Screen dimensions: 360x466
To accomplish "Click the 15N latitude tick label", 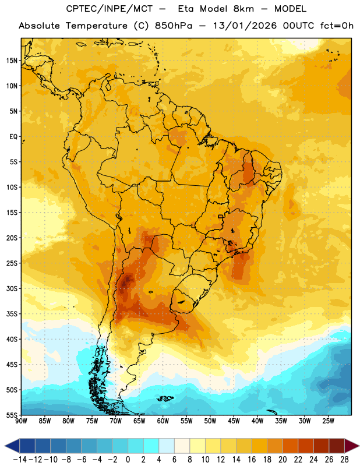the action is coord(12,61).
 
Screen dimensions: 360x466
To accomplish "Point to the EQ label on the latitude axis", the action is coord(13,137).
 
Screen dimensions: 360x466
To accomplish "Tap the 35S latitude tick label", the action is coord(12,314).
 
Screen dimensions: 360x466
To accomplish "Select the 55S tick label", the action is coord(12,415).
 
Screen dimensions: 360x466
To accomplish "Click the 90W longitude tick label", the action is coord(21,421).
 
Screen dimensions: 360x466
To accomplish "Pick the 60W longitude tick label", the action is coord(163,421).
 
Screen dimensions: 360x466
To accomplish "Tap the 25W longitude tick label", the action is coord(328,421).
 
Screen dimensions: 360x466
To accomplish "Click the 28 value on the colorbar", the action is coord(344,460).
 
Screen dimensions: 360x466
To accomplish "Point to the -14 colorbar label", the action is coord(20,460).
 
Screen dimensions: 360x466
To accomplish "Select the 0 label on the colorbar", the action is coord(128,460).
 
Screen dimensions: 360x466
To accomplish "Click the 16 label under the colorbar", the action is coord(252,460).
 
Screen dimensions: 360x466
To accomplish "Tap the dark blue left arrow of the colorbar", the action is coord(12,446).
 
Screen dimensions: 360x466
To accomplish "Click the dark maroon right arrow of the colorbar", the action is coord(352,446).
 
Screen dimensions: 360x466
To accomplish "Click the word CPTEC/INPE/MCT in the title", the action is coord(110,9).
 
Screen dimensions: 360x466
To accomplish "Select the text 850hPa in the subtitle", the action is coord(174,26).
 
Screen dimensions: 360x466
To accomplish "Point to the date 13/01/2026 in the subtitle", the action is coord(245,26).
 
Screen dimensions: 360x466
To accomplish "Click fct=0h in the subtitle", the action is coord(337,26).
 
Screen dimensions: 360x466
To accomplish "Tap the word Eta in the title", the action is coord(186,9).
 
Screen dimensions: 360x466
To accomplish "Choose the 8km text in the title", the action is coord(243,9).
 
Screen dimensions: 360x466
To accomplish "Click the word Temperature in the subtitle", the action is coord(97,26).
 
